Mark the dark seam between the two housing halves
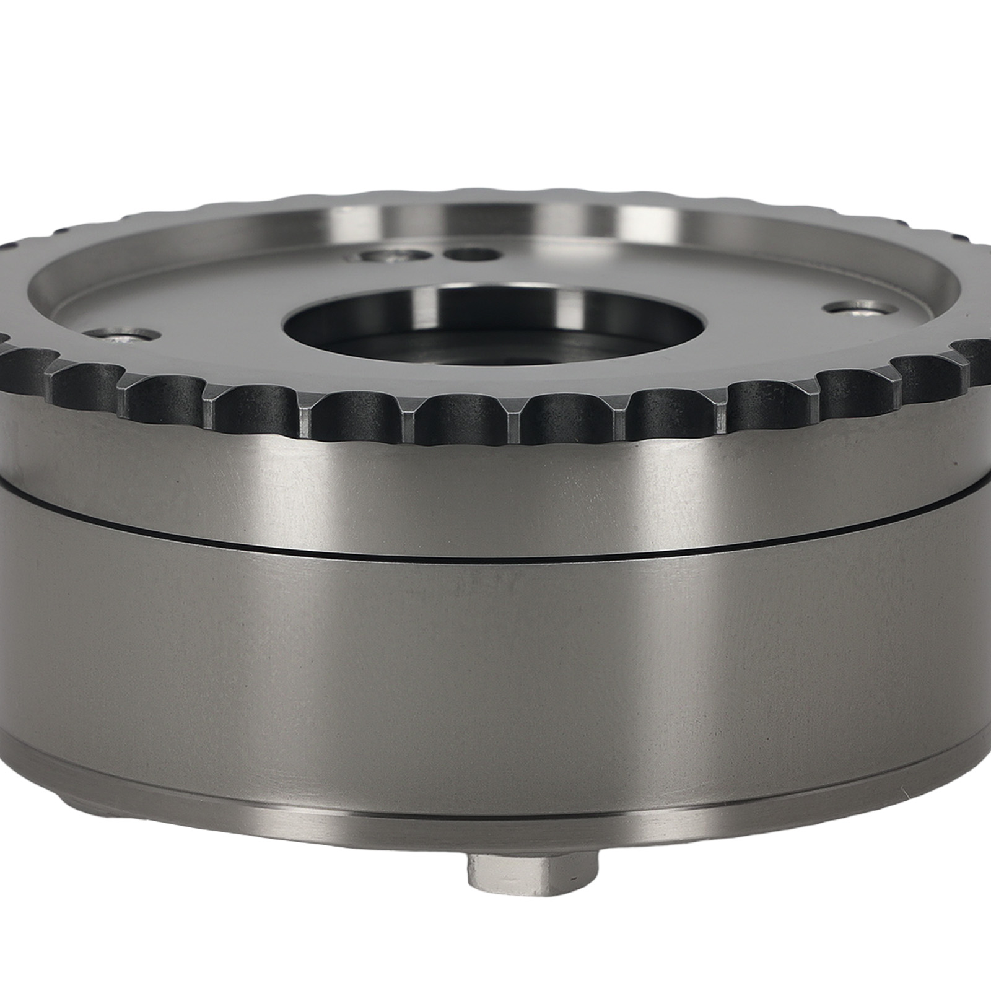[x=495, y=548]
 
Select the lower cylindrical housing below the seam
[x=495, y=669]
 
